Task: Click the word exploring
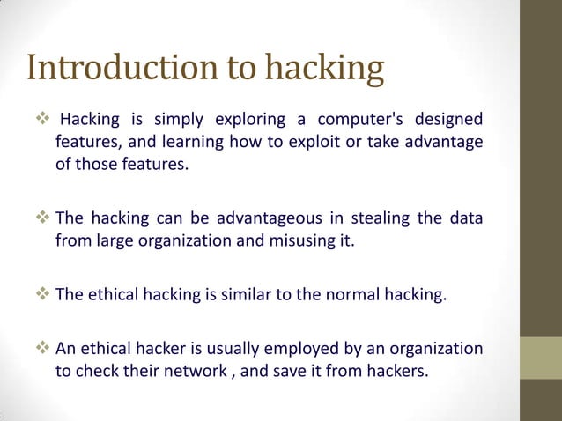[249, 119]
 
